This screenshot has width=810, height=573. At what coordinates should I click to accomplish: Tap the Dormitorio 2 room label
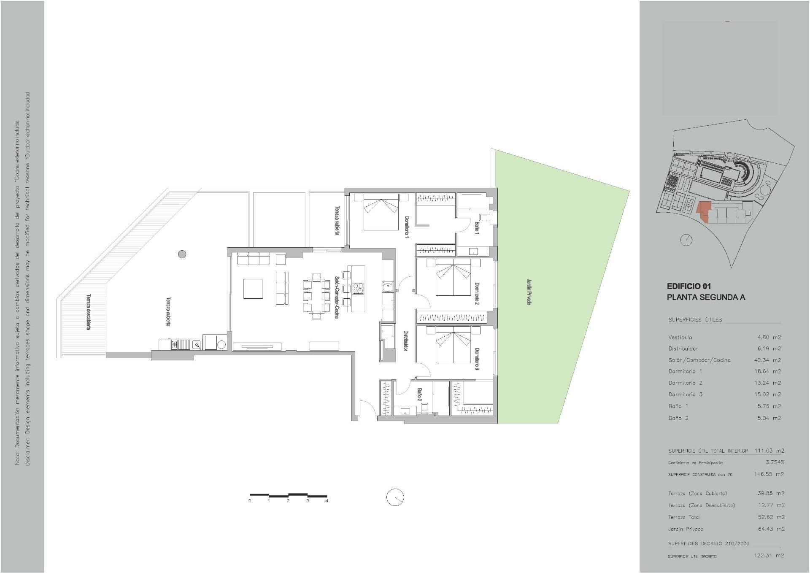(477, 294)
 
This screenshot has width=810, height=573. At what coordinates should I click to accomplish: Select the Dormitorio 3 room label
(477, 359)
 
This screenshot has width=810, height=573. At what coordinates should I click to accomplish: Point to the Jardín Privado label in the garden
(529, 292)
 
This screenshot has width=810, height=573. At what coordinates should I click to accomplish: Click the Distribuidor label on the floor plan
(405, 341)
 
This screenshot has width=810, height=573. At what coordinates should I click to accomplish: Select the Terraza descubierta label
(89, 312)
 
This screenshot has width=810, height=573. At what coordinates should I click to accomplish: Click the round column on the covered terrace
(182, 254)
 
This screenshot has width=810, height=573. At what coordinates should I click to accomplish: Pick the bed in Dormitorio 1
(381, 211)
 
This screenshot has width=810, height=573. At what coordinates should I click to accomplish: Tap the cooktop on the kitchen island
(358, 289)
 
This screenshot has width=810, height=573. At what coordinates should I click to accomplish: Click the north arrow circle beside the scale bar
(395, 497)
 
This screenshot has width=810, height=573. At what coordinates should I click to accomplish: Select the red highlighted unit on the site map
(702, 211)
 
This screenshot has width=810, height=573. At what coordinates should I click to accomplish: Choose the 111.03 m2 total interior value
(769, 451)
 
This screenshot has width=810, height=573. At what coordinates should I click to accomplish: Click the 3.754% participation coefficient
(775, 462)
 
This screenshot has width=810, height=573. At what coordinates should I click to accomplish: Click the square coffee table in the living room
(253, 289)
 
